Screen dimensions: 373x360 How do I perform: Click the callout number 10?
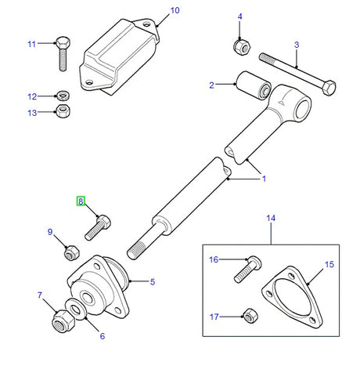tap(175, 10)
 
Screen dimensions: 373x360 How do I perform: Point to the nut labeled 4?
tap(240, 46)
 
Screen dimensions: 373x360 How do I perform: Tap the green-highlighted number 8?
tap(81, 201)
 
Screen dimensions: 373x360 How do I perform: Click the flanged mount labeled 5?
tap(101, 287)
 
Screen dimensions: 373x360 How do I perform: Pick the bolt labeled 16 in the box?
tap(243, 268)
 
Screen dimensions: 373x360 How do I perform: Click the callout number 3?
tap(297, 45)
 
